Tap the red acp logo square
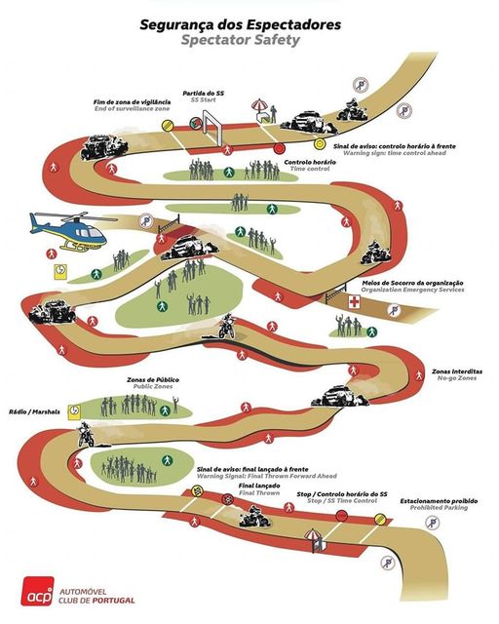(37, 591)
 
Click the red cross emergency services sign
(354, 301)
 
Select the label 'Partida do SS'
(204, 94)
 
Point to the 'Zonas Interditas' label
(457, 371)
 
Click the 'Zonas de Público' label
(153, 379)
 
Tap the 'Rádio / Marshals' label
(34, 411)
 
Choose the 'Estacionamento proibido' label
(439, 500)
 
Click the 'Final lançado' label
(259, 486)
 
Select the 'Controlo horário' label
(310, 162)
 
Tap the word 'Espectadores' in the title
(294, 24)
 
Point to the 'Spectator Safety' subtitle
(241, 40)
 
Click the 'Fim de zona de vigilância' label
(133, 101)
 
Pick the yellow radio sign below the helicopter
(60, 271)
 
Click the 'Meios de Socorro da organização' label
(412, 283)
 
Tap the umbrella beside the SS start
(260, 106)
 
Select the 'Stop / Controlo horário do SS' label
(342, 494)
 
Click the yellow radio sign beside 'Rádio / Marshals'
(74, 411)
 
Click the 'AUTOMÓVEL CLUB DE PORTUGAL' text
(96, 596)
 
